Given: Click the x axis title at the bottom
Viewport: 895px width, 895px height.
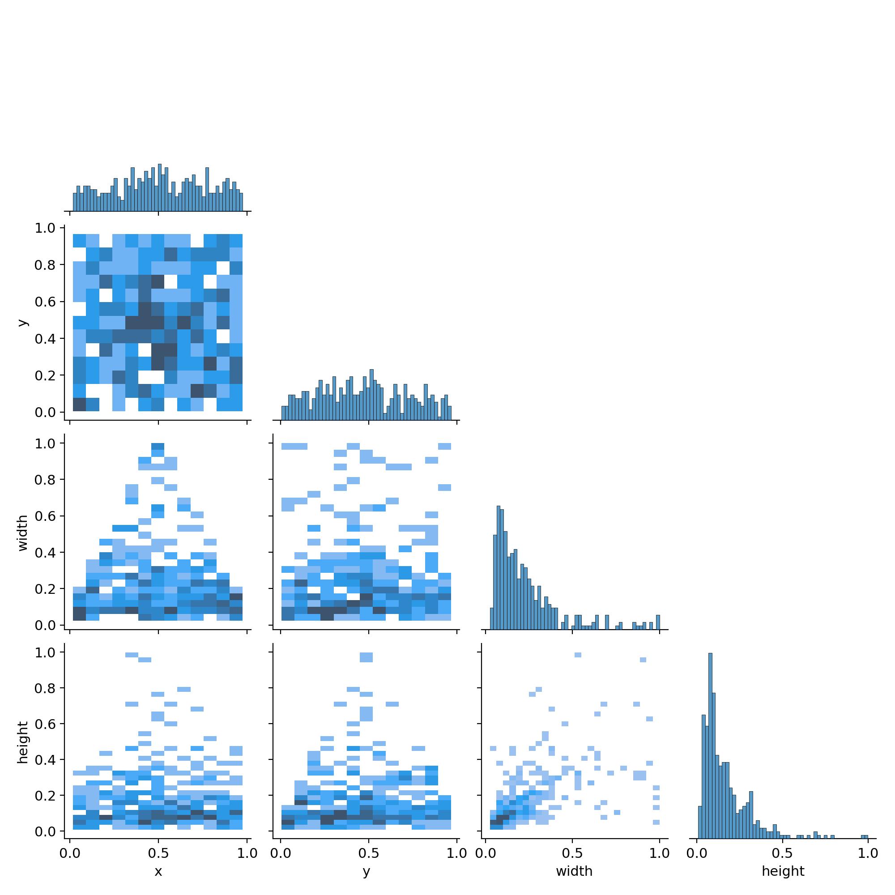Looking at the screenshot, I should click(x=158, y=871).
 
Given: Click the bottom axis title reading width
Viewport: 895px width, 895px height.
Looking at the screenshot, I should click(x=574, y=871).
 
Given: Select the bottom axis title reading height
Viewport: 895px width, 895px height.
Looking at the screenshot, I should click(x=783, y=871).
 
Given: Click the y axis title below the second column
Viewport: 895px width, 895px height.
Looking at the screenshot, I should click(x=367, y=871).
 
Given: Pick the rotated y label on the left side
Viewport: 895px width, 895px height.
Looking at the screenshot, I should click(x=23, y=322).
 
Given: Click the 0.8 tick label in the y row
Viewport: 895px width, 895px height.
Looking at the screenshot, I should click(x=44, y=265).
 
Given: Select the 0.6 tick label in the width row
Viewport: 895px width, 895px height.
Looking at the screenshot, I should click(x=44, y=516).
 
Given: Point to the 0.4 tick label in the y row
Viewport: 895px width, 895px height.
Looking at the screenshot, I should click(x=44, y=339).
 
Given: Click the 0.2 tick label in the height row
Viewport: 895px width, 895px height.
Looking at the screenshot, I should click(x=44, y=796).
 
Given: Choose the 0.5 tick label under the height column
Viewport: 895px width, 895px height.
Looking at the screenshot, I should click(x=783, y=853).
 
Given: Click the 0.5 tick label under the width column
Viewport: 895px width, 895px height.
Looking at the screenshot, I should click(x=573, y=853).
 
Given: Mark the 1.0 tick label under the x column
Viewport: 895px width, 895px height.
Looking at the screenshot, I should click(x=247, y=853).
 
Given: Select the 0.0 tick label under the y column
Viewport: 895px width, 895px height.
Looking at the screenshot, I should click(x=281, y=853).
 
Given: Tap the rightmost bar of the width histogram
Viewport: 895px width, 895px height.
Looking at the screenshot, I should click(x=658, y=622).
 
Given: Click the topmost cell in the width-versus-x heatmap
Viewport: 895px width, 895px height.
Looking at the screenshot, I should click(x=158, y=446).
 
